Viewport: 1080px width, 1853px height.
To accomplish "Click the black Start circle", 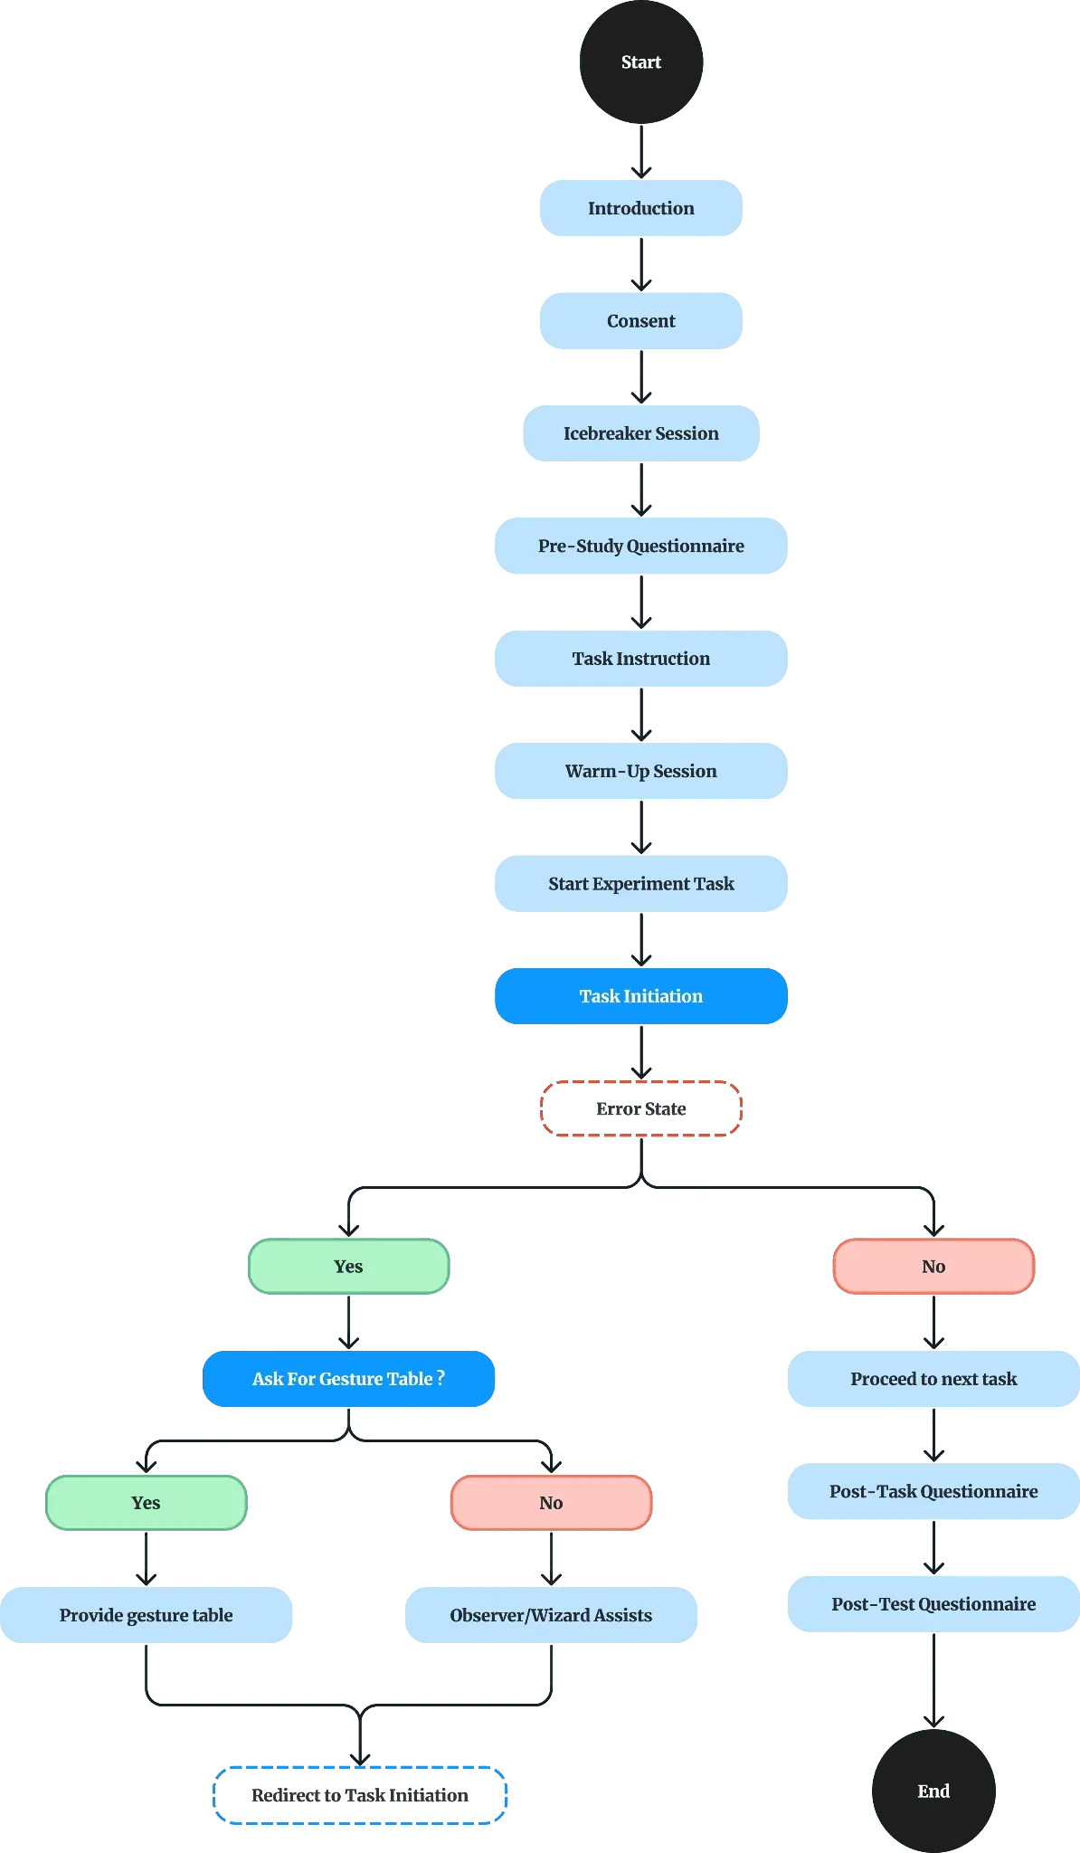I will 641,62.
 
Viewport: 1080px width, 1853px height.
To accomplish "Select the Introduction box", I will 640,208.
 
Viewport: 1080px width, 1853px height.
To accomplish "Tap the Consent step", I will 640,321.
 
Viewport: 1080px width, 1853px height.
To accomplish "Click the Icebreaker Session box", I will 640,433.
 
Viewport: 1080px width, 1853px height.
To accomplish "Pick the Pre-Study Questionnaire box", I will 640,546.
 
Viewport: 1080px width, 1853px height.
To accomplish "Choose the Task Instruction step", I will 640,659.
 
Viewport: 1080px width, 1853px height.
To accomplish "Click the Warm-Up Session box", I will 640,771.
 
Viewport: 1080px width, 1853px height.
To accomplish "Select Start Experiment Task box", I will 640,883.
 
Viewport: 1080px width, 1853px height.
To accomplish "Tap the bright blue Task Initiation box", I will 640,996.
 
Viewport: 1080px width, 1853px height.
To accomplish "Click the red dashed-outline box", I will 640,1109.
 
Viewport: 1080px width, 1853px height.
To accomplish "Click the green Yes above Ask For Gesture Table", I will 348,1267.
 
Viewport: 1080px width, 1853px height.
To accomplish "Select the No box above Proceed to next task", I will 933,1267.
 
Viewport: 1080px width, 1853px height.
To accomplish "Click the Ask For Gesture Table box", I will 348,1379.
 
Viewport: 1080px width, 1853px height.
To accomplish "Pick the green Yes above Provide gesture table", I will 146,1503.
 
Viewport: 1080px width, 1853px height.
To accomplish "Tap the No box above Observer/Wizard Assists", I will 551,1503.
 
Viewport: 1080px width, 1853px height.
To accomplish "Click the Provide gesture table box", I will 147,1615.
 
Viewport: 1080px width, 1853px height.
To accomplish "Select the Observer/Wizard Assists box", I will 552,1615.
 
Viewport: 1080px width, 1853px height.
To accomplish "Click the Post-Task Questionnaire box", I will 933,1491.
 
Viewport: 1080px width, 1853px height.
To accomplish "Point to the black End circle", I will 933,1791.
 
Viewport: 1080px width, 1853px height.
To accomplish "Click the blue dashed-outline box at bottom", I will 359,1794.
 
